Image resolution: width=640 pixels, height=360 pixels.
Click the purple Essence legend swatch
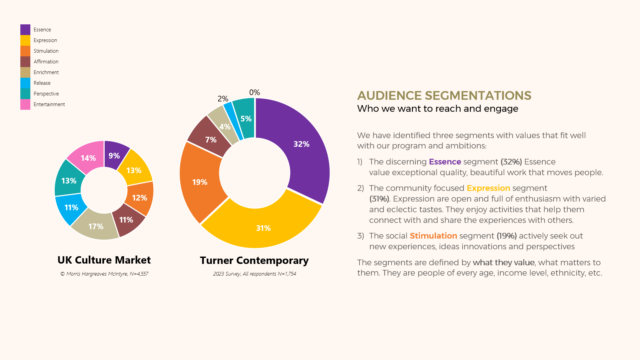[x=25, y=30]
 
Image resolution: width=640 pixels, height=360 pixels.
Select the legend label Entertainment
[x=49, y=104]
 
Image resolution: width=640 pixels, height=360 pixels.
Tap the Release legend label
[x=42, y=83]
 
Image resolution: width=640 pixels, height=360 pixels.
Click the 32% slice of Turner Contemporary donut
[x=301, y=144]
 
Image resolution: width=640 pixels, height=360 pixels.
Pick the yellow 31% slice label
[x=263, y=228]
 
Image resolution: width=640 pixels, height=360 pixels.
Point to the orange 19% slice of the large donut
[x=200, y=182]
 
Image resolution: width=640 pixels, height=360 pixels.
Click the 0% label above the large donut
[x=254, y=92]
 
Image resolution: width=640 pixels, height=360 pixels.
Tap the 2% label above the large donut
[x=223, y=99]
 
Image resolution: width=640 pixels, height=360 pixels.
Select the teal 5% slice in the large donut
[x=246, y=119]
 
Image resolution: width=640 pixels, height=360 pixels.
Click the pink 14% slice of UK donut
[x=88, y=158]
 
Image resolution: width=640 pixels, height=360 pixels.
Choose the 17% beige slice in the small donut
[x=96, y=227]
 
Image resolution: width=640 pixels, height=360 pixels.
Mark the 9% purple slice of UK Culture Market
[x=114, y=156]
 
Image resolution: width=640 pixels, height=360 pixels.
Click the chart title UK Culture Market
[x=104, y=260]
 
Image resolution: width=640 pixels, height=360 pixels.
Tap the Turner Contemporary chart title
[x=254, y=260]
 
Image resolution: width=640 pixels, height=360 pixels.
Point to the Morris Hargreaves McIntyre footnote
[x=104, y=274]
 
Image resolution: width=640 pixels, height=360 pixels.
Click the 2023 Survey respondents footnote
[x=254, y=274]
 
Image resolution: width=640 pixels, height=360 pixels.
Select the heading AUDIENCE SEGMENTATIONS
[x=444, y=96]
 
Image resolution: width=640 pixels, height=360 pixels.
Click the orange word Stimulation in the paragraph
[x=433, y=236]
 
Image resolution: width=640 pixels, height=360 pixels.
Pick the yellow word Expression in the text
[x=488, y=188]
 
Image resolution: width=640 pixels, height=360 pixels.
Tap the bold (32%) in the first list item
[x=511, y=162]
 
